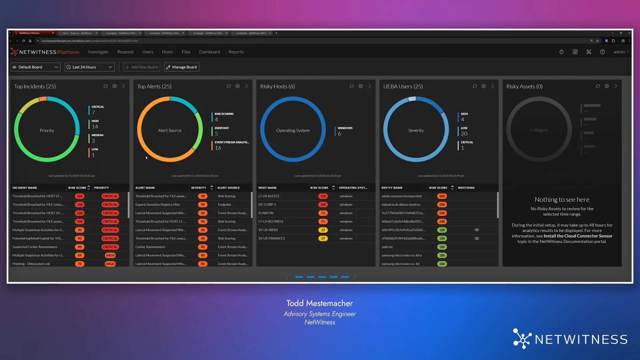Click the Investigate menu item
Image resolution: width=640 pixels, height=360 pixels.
tap(98, 52)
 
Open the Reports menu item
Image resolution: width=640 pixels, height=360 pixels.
tap(236, 52)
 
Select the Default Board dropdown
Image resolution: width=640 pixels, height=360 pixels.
tap(35, 67)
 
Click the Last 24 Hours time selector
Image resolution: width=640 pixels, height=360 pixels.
tap(89, 67)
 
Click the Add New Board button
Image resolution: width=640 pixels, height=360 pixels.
tap(142, 67)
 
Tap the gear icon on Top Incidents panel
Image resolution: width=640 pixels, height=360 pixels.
tap(114, 86)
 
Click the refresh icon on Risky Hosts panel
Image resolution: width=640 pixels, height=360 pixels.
tap(351, 86)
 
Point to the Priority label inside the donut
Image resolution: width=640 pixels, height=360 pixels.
tap(47, 130)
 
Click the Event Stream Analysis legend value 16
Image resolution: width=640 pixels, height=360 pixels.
tap(218, 148)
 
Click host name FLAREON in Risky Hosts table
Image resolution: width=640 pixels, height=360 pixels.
tap(266, 213)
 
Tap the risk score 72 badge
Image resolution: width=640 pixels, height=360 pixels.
tap(323, 213)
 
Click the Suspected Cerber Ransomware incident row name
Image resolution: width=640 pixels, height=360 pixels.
tap(35, 247)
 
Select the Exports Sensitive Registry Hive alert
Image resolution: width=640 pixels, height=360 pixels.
tap(157, 205)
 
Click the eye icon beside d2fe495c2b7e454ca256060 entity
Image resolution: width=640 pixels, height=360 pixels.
tap(477, 230)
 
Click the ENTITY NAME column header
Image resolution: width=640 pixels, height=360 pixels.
tap(392, 188)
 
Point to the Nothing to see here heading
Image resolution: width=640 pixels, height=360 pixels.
tap(562, 200)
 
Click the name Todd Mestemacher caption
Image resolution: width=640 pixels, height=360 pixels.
tap(319, 303)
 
